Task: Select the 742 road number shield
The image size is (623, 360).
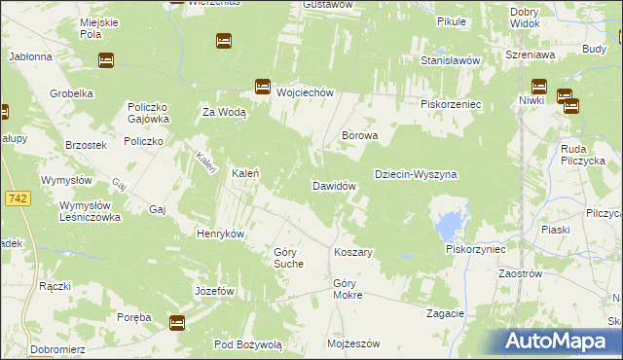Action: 18,198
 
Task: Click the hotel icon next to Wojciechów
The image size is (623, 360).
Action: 262,87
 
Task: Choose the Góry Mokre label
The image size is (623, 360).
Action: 348,289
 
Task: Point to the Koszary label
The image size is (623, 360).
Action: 353,252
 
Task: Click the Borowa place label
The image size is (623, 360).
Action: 358,136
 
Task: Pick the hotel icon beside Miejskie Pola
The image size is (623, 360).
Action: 105,60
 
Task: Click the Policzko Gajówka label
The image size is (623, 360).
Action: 148,113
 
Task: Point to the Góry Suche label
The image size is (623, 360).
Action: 288,257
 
